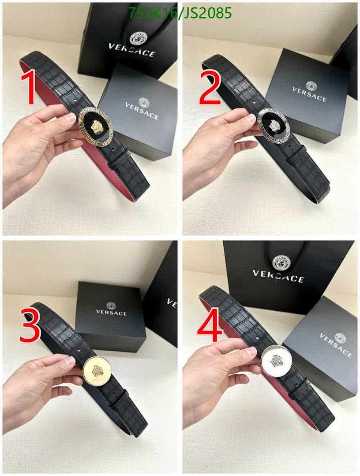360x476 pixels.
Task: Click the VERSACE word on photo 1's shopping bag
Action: [132, 49]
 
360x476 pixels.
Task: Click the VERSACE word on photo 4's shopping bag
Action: [278, 276]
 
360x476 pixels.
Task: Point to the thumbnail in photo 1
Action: [71, 117]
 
